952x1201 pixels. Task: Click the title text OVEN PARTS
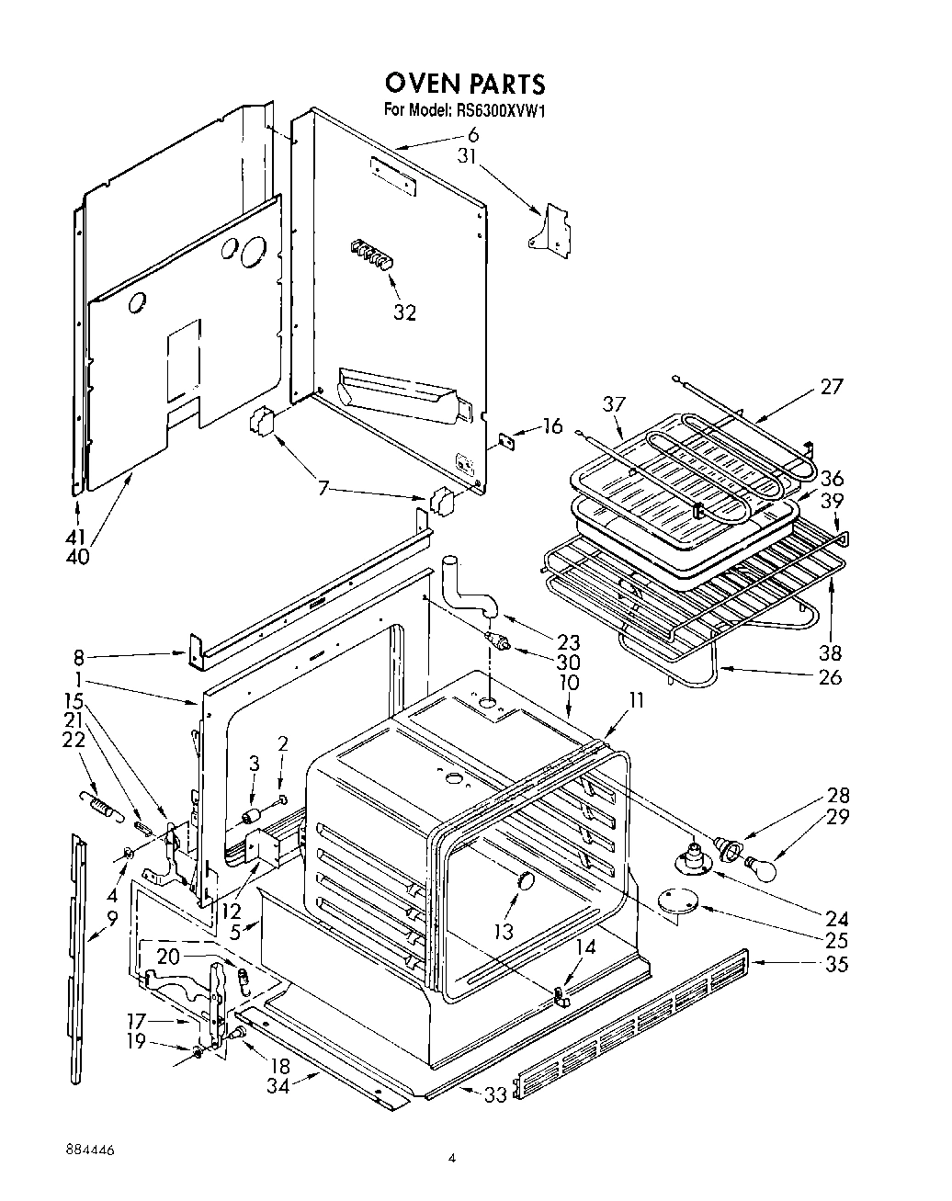coord(464,84)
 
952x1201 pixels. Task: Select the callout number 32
coord(404,312)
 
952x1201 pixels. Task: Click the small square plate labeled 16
coord(505,440)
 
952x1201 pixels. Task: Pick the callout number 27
coord(831,386)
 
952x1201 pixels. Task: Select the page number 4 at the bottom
coord(451,1160)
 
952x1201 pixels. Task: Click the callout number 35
coord(836,964)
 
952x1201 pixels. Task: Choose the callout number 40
coord(78,556)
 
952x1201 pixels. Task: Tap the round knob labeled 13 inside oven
coord(526,882)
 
